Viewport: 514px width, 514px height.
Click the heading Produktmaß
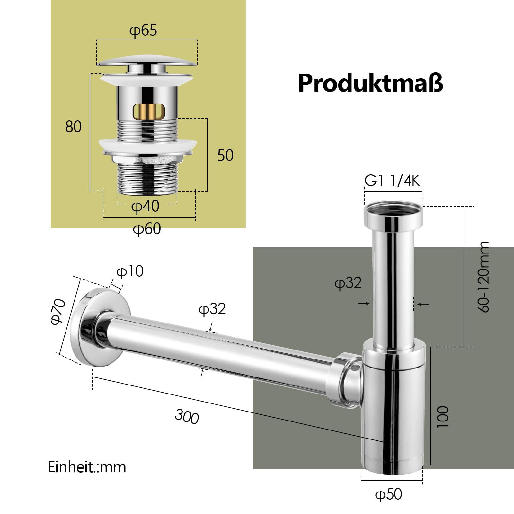click(370, 83)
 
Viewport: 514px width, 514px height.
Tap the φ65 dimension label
click(143, 31)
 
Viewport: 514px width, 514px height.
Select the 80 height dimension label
click(73, 127)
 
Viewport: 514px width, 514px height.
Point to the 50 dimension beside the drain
click(226, 155)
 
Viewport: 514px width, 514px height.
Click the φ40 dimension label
click(145, 206)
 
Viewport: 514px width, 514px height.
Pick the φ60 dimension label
click(147, 229)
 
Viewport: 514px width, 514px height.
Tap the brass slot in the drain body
click(148, 111)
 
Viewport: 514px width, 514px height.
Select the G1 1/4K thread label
click(392, 181)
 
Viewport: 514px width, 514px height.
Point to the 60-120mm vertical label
click(483, 277)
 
